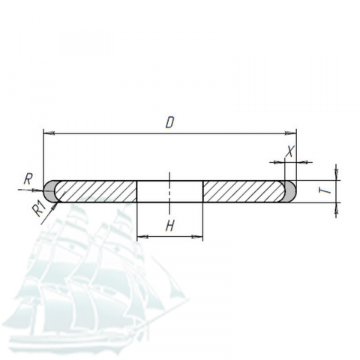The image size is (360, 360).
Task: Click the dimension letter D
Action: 169,123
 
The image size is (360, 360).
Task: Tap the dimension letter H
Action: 170,226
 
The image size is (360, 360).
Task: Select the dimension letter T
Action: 325,190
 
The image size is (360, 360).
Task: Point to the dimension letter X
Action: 290,151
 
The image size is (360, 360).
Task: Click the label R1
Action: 40,208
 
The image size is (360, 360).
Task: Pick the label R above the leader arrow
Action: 28,179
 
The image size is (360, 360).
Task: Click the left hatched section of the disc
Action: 96,191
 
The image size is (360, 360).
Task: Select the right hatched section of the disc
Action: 244,191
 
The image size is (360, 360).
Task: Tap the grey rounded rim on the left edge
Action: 48,191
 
